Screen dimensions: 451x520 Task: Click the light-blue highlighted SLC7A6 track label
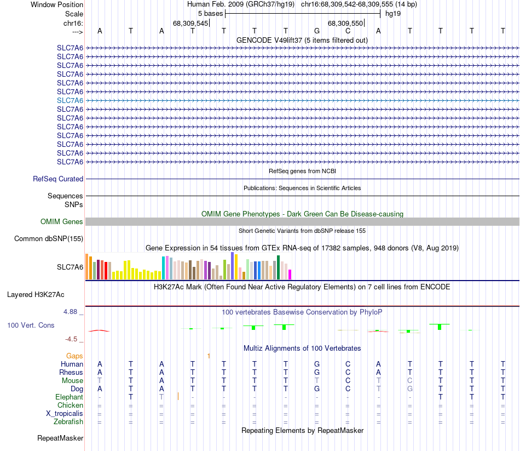[x=70, y=100]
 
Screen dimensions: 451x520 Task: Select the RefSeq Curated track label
[x=58, y=179]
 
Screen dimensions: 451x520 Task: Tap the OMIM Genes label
[x=62, y=221]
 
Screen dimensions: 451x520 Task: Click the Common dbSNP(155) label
[x=49, y=238]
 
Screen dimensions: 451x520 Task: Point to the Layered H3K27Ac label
[x=36, y=294]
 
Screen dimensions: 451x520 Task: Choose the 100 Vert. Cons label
[x=31, y=325]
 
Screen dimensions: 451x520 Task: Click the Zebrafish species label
[x=68, y=421]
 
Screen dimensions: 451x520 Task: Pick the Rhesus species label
[x=71, y=372]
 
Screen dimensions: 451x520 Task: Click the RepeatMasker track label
[x=60, y=438]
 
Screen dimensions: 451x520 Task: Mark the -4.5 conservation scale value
[x=74, y=339]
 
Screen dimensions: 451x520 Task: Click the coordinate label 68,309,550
[x=345, y=23]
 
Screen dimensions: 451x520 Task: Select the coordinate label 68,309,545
[x=190, y=23]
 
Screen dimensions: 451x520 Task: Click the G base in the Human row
[x=317, y=364]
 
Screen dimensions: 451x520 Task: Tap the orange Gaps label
[x=74, y=356]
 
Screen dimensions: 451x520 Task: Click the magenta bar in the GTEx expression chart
[x=290, y=274]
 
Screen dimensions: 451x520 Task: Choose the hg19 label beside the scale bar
[x=393, y=13]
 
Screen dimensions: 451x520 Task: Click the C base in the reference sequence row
[x=348, y=31]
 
